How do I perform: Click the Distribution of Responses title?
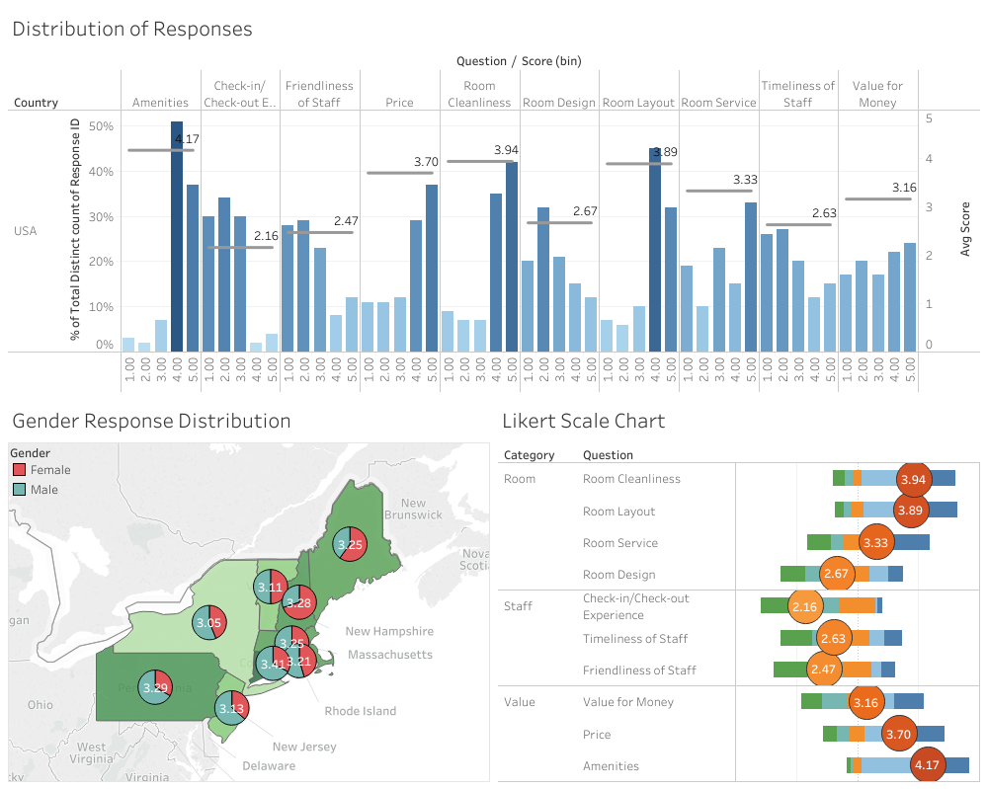pos(132,29)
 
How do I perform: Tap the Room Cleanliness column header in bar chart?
pos(479,94)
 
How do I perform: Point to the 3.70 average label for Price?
pos(426,162)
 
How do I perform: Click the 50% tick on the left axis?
pos(102,126)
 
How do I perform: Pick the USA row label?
pos(25,231)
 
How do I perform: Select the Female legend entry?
pos(50,470)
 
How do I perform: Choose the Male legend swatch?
pos(19,489)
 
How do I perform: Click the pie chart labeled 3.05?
pos(208,623)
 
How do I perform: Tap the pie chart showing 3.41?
pos(274,664)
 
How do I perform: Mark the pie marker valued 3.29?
pos(155,687)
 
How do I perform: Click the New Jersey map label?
pos(304,747)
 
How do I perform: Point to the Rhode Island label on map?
pos(360,711)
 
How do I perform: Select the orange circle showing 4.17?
pos(927,765)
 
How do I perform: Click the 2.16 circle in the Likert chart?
pos(805,606)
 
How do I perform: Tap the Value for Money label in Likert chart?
pos(628,702)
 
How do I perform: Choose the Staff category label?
pos(518,606)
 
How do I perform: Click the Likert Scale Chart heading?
pos(583,422)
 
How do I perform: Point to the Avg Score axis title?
pos(965,231)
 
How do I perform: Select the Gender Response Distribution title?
pos(151,422)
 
